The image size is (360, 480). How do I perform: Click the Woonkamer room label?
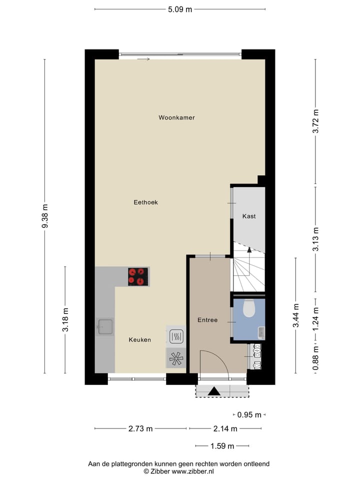coord(176,118)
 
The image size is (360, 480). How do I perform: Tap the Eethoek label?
coord(146,202)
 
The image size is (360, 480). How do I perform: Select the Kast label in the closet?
coord(249,216)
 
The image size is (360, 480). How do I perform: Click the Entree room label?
coord(207,320)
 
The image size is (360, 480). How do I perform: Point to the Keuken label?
coord(139,340)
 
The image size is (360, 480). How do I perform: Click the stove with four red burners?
coord(138,276)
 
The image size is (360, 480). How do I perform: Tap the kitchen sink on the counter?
coord(105,327)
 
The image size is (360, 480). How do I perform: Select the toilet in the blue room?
coord(249,309)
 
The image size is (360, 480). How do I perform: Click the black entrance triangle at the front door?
coord(214,391)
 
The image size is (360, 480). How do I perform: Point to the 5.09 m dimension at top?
coord(179,9)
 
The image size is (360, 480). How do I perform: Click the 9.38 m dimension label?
coord(45,216)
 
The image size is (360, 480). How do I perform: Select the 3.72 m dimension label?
coord(315,121)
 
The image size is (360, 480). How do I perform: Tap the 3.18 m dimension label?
coord(65,320)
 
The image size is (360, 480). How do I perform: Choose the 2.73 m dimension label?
coord(140,428)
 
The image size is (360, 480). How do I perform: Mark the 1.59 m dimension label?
coord(221,446)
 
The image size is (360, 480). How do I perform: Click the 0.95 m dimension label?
coord(249,414)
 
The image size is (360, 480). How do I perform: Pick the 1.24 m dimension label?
coord(315,320)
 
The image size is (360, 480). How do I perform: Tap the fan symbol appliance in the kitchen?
coord(175,357)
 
